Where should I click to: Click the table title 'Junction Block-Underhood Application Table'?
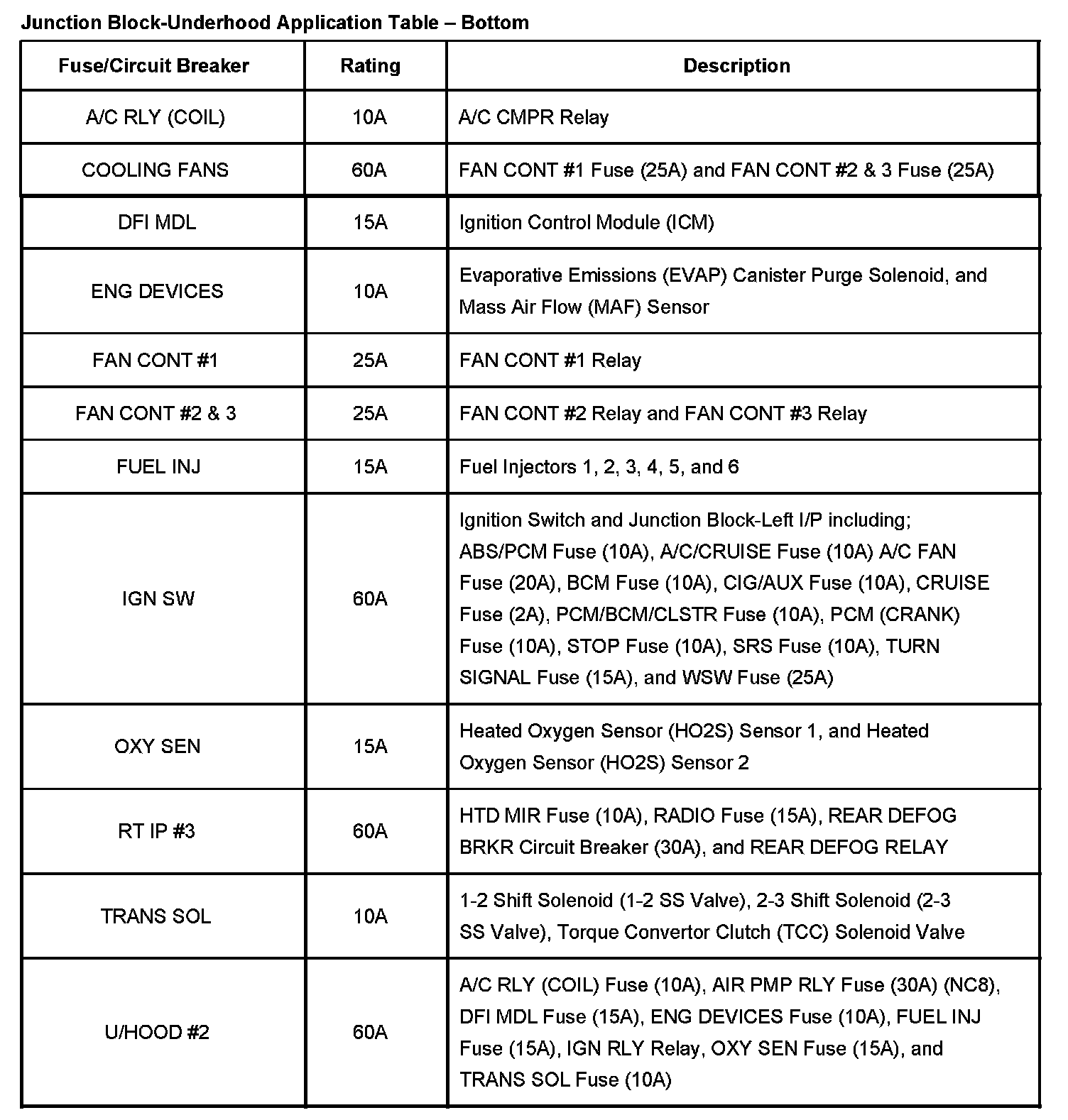click(274, 23)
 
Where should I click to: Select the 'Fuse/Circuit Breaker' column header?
click(153, 66)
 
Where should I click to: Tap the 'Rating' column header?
click(370, 66)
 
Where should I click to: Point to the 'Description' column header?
click(736, 66)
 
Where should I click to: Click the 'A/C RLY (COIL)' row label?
click(155, 117)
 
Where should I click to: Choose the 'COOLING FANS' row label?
click(155, 170)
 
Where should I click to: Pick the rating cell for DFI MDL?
click(370, 223)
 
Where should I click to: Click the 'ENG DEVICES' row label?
click(157, 291)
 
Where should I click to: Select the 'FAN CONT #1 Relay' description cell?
click(550, 361)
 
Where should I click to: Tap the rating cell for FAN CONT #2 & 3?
click(370, 414)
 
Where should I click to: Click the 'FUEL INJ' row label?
click(158, 467)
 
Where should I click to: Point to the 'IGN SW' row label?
click(158, 599)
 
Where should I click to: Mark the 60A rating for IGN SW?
click(370, 599)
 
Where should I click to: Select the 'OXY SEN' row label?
click(157, 747)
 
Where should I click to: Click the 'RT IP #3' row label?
click(156, 831)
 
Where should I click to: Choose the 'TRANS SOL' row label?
click(156, 916)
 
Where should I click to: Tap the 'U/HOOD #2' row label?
click(157, 1032)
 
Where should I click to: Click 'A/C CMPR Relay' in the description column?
click(533, 117)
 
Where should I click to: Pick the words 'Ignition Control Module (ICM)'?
click(586, 223)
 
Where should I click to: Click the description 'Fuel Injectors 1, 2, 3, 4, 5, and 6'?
click(599, 467)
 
